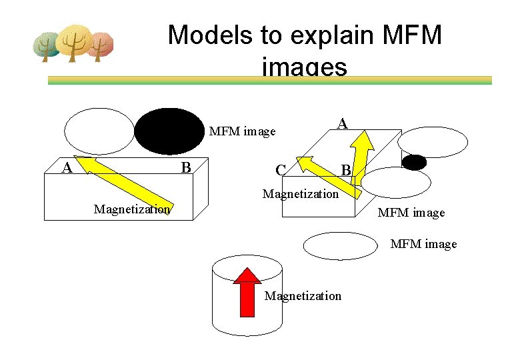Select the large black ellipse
(169, 131)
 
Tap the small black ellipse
(414, 162)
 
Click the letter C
(281, 171)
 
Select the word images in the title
(305, 67)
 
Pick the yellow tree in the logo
(73, 42)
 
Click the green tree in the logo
(48, 46)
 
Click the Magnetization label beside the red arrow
(303, 295)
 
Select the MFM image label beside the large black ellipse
(242, 131)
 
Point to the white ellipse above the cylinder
(340, 245)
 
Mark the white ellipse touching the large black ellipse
(99, 131)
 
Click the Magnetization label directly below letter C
(300, 194)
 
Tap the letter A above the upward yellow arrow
(342, 123)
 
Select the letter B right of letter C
(345, 171)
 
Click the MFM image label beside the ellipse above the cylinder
(423, 244)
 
